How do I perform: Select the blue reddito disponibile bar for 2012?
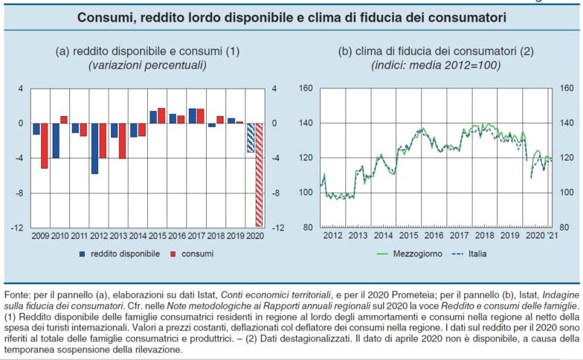(94, 149)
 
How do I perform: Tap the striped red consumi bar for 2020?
(258, 175)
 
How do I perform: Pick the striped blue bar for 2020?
(251, 138)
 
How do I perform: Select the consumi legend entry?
(193, 254)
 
